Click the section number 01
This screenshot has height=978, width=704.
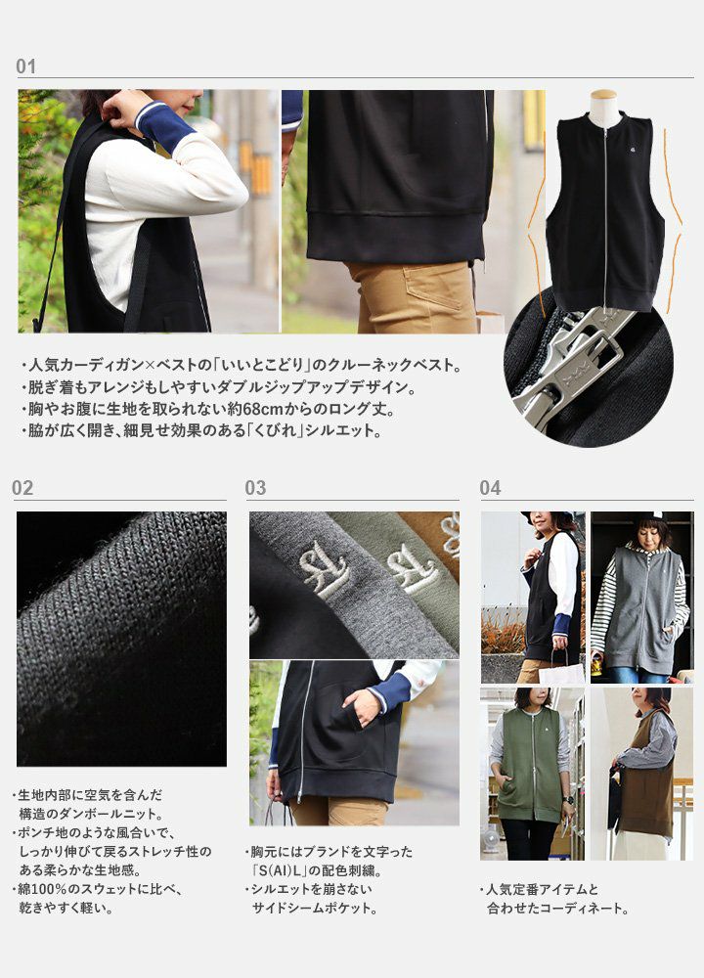[x=25, y=67]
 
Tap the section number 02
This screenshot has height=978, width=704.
[x=22, y=488]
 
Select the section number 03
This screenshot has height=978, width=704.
[x=255, y=488]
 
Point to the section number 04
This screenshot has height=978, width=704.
[x=490, y=488]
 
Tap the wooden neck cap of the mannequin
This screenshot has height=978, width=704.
[x=603, y=94]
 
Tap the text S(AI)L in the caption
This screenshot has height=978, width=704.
[x=292, y=870]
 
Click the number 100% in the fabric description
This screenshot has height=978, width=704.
[x=58, y=889]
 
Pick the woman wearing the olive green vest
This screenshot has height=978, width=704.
[x=531, y=774]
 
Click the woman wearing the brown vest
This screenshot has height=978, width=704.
[x=644, y=774]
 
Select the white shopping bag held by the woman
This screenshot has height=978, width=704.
[x=561, y=673]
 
